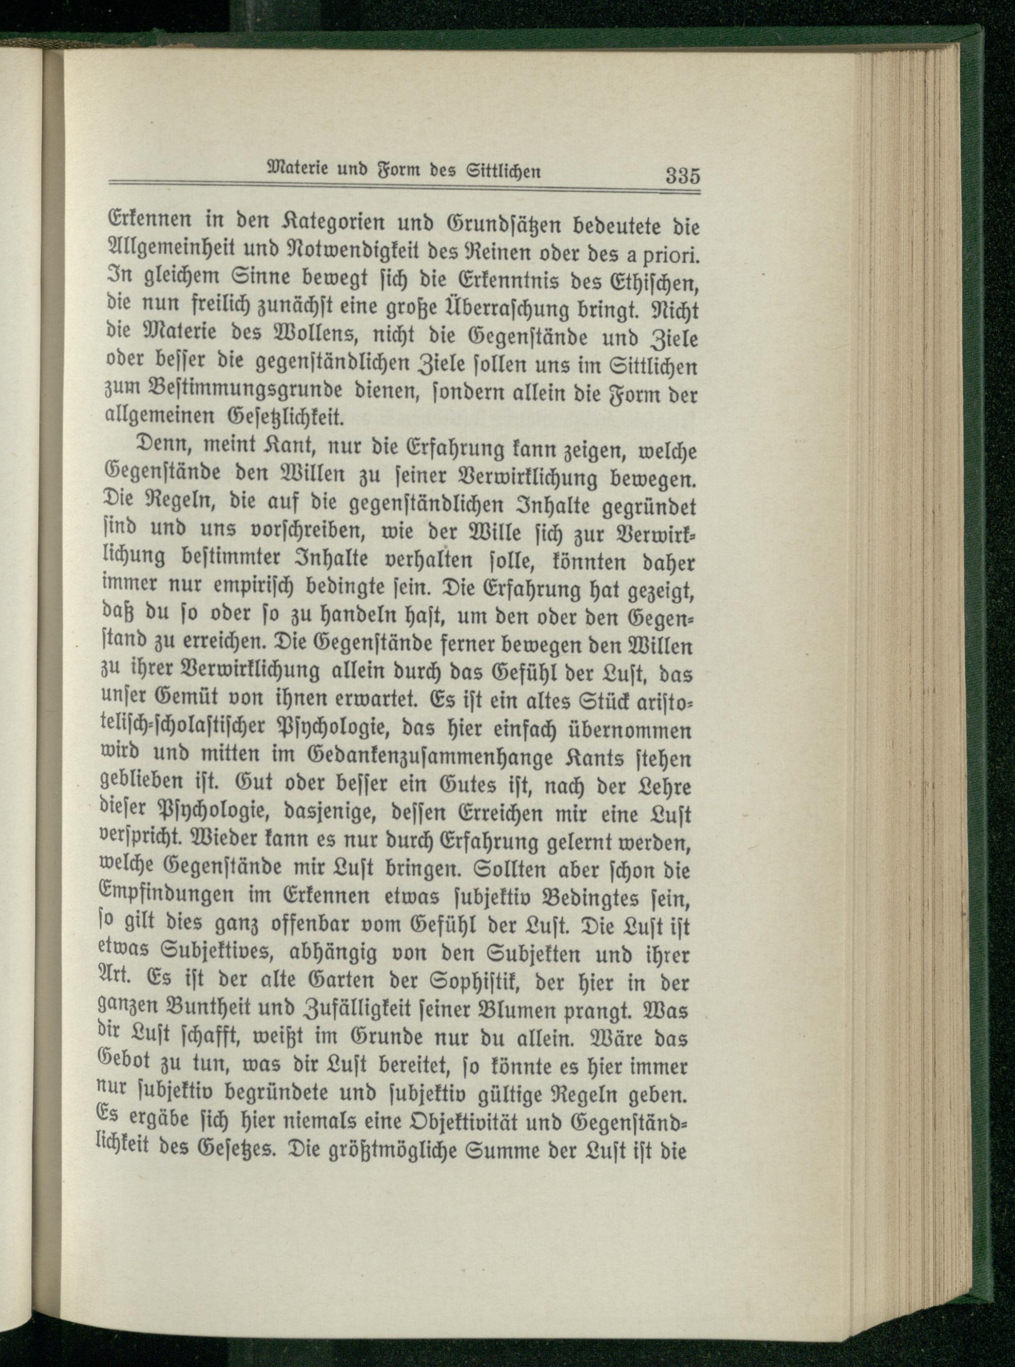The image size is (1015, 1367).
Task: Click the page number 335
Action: (x=683, y=176)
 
